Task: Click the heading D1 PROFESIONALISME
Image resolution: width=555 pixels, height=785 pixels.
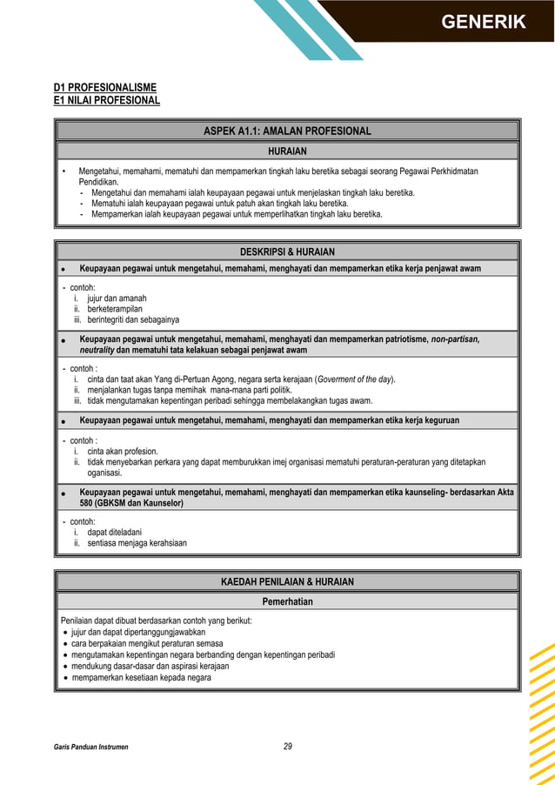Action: click(104, 87)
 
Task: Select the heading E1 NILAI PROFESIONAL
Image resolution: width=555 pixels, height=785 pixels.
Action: click(106, 100)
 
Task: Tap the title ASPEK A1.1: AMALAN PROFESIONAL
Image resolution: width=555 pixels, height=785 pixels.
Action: click(287, 131)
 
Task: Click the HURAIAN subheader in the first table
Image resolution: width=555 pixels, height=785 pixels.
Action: click(287, 151)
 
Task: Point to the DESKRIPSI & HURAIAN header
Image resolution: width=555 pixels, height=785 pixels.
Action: click(287, 252)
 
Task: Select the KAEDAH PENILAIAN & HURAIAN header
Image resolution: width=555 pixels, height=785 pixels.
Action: click(287, 581)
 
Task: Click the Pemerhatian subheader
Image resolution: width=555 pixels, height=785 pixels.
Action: click(287, 601)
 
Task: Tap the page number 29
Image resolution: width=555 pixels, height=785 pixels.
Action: click(288, 746)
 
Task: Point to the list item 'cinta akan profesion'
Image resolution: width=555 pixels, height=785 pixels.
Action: click(123, 451)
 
